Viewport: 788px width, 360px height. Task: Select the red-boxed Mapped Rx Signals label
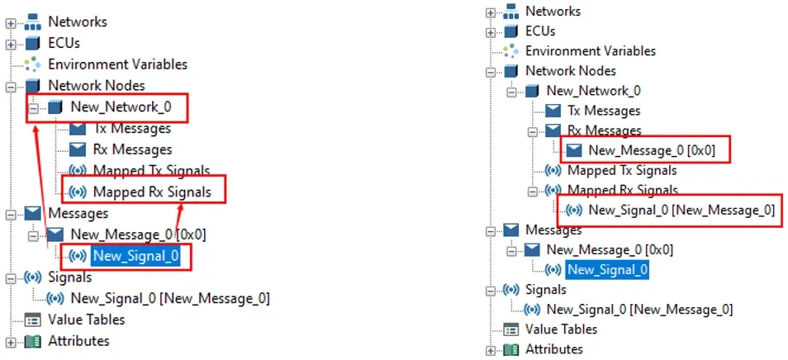point(151,192)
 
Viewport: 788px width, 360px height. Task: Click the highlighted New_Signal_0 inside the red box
point(135,256)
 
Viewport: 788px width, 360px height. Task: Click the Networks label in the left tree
point(78,21)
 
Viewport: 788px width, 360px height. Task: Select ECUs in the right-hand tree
point(540,31)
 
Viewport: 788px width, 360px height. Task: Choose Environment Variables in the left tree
point(117,64)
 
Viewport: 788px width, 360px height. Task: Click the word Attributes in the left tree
point(78,340)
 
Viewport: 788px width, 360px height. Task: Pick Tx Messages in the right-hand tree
point(604,111)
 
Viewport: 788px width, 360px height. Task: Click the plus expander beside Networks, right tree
point(490,12)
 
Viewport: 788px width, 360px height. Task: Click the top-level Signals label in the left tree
point(69,277)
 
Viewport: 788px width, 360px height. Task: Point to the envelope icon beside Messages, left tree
point(33,213)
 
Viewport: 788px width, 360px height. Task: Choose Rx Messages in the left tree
point(132,149)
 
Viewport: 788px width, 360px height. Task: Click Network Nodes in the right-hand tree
point(570,71)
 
